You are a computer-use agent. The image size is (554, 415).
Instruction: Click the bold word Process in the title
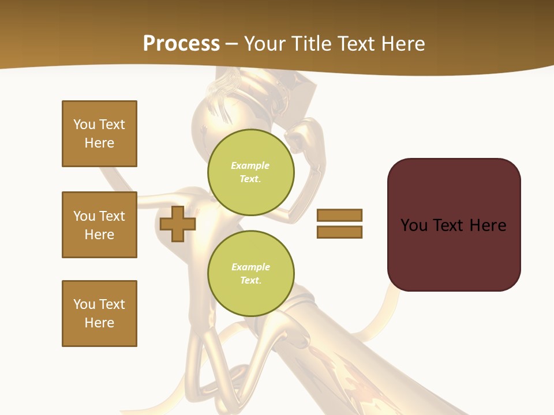(x=181, y=44)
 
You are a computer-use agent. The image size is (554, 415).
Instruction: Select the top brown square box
(x=99, y=134)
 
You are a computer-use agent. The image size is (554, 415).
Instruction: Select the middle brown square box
(x=99, y=225)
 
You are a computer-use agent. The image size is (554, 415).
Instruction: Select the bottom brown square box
(x=99, y=314)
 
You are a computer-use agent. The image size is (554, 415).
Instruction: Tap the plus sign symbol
(x=177, y=224)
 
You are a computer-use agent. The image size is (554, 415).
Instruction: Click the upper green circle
(x=251, y=172)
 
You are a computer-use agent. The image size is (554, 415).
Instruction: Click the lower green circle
(x=251, y=274)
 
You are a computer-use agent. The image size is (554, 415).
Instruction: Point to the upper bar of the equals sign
(x=339, y=215)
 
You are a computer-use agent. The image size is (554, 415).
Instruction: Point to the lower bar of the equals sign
(x=339, y=232)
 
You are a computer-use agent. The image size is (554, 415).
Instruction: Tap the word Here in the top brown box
(x=99, y=143)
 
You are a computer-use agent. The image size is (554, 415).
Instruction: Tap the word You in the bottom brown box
(x=84, y=304)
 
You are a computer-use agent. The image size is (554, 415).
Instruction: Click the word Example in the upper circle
(x=250, y=165)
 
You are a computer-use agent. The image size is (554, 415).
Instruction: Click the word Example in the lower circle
(x=250, y=267)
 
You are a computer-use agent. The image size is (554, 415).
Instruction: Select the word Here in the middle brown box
(x=99, y=235)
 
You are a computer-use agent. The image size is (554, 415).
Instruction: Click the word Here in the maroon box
(x=488, y=225)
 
